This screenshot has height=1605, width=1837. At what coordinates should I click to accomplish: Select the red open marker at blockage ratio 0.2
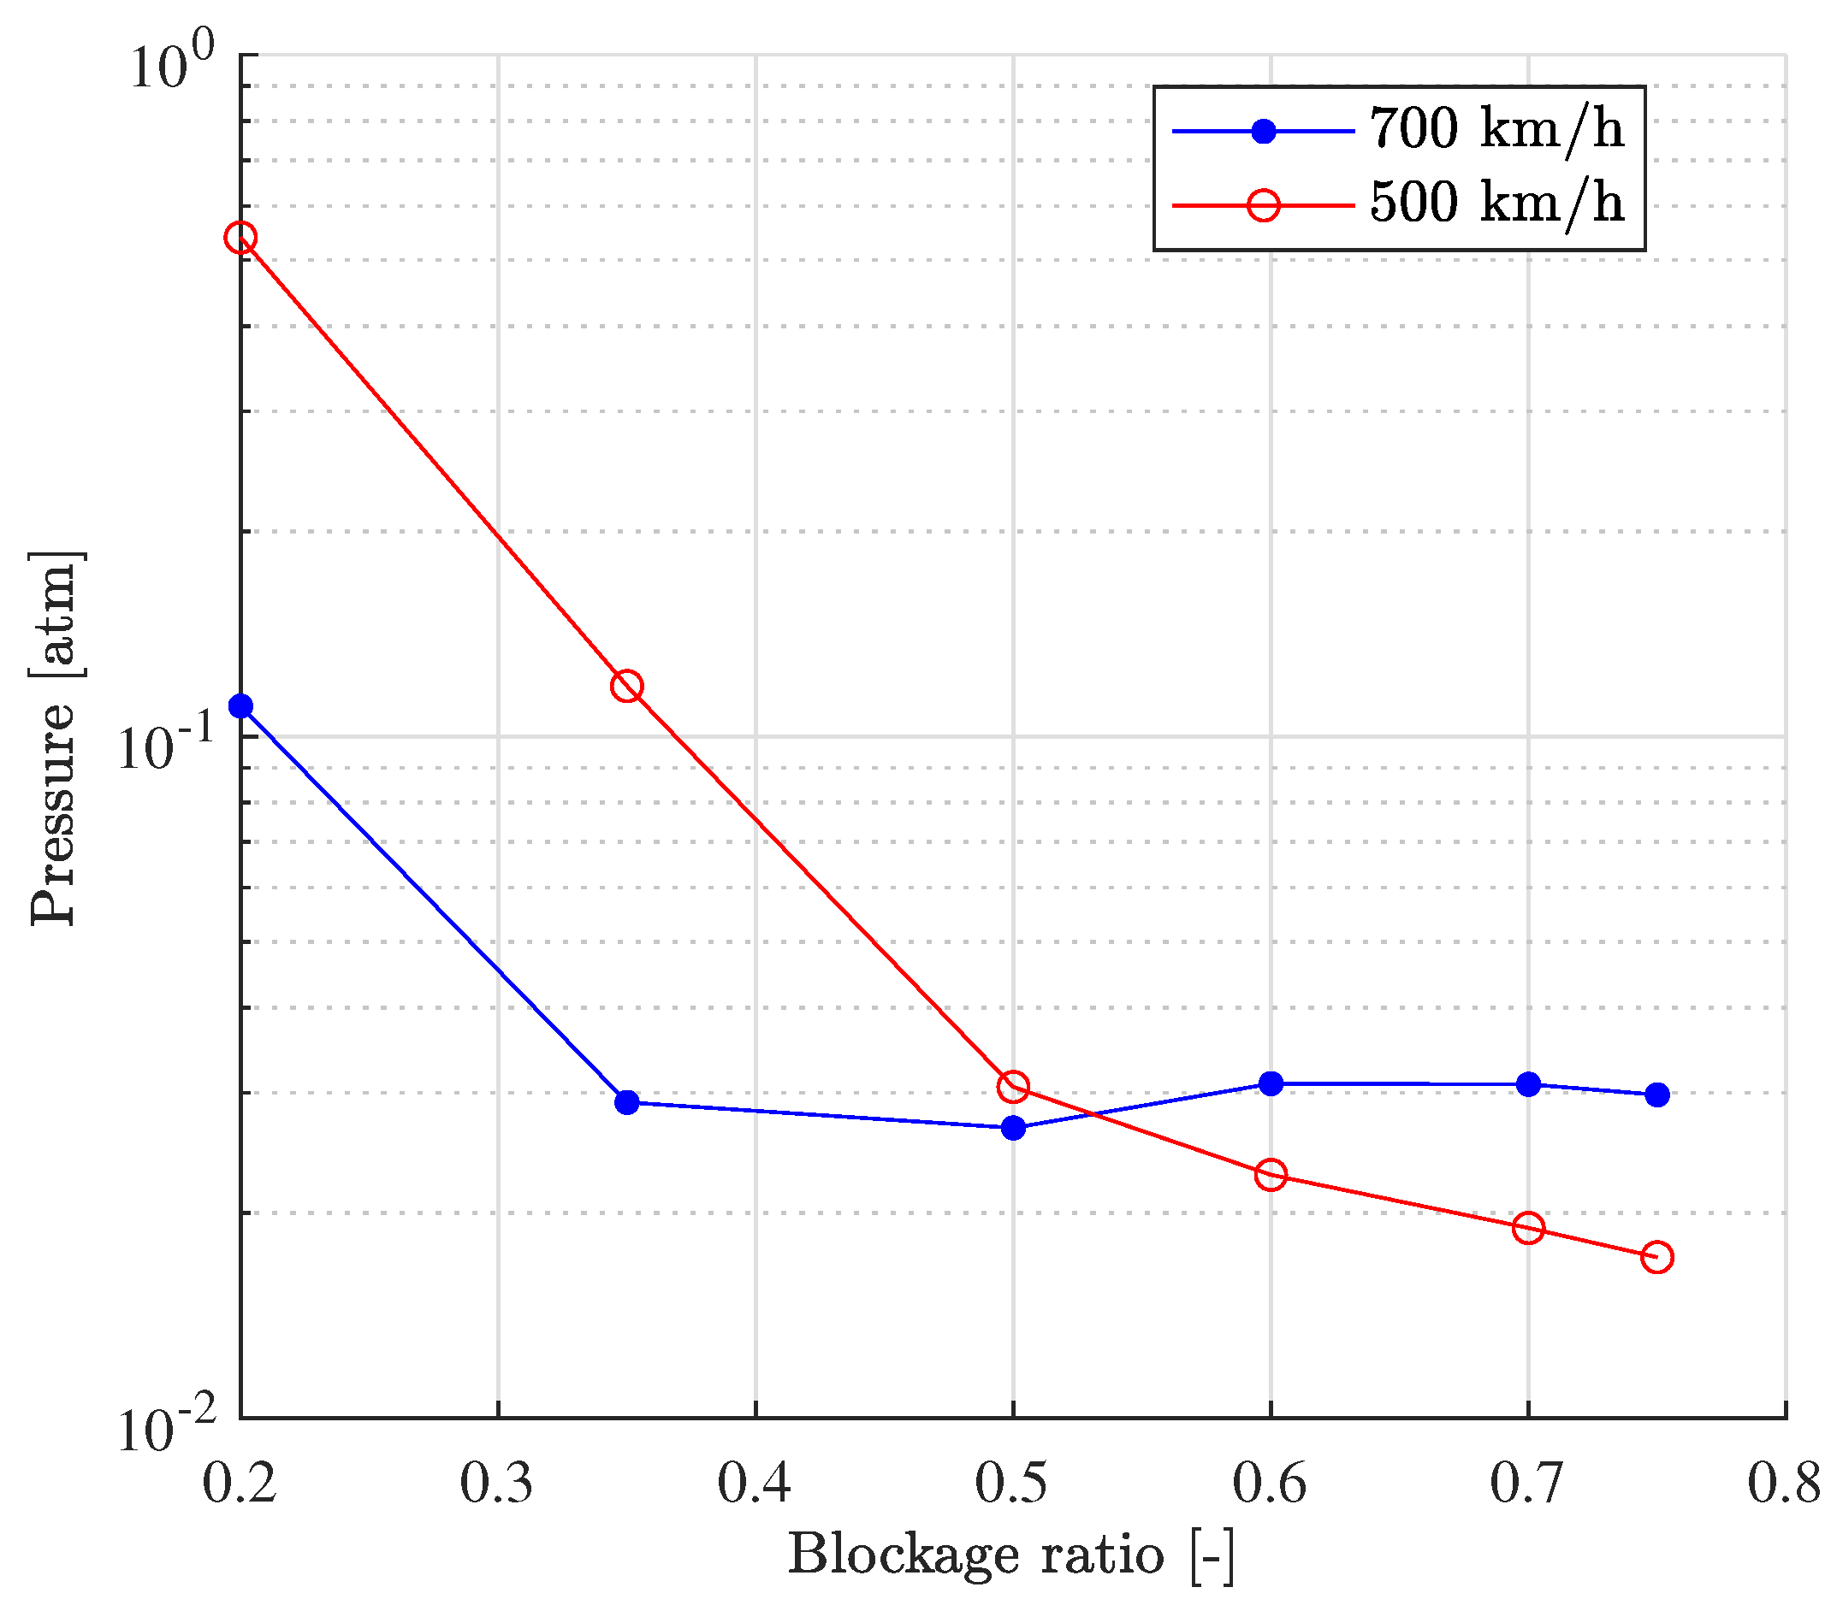[x=240, y=238]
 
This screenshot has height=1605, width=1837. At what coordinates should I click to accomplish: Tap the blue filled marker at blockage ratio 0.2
[x=240, y=706]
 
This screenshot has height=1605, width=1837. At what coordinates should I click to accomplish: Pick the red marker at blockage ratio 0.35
[x=627, y=686]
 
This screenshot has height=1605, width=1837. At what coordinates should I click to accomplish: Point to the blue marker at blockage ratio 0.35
[x=627, y=1101]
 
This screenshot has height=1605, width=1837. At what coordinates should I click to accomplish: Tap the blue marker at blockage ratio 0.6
[x=1271, y=1083]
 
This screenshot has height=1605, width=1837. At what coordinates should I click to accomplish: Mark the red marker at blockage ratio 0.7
[x=1529, y=1228]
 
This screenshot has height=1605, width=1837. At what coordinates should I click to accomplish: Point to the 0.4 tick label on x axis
[x=755, y=1485]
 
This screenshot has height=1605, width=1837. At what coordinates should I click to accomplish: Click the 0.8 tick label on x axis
[x=1784, y=1485]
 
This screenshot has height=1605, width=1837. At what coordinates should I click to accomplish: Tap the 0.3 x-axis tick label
[x=496, y=1485]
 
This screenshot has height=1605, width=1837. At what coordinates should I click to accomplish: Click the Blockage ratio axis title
[x=1010, y=1555]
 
